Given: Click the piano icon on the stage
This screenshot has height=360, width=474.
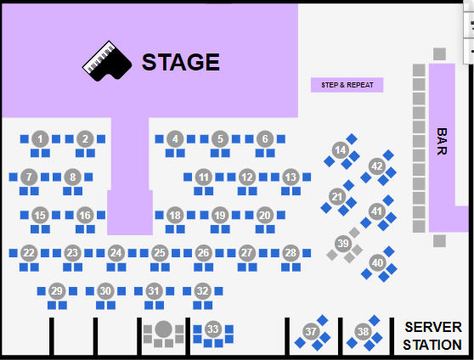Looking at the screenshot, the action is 107,61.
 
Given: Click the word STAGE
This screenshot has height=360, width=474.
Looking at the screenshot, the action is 181,62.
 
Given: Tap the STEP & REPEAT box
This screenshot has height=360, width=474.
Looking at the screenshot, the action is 347,85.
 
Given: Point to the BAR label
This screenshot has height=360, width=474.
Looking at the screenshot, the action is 442,142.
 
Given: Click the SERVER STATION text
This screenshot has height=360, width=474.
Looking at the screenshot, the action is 432,336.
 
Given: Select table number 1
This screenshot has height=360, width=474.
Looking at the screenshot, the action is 40,139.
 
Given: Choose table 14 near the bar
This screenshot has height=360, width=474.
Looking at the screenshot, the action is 341,150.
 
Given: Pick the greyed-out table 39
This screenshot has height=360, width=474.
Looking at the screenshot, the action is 343,244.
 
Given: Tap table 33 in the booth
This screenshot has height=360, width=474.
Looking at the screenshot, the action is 213,329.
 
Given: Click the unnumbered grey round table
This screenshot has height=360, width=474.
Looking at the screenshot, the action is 164,329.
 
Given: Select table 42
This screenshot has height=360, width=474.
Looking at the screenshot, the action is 377,166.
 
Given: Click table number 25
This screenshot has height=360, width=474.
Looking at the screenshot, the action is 160,253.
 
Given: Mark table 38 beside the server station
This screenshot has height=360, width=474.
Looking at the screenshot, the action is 363,332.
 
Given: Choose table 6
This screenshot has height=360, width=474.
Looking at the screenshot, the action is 265,139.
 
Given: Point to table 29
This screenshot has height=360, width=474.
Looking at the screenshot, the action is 57,291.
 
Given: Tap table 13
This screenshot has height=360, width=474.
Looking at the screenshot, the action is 291,177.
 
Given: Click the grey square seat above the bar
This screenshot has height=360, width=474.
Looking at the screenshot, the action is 439,54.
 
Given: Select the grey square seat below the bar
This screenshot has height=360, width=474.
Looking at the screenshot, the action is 439,241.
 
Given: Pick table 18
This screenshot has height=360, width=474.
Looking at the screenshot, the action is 175,215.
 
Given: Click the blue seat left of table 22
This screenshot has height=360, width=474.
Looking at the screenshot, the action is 13,253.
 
